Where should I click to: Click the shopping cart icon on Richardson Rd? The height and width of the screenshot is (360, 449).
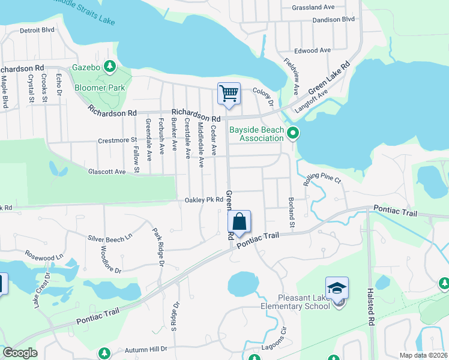click(x=229, y=94)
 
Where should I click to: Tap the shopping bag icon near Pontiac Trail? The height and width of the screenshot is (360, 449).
click(x=239, y=221)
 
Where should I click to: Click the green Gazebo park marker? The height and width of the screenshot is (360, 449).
click(x=110, y=65)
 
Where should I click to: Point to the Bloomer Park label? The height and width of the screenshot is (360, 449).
click(x=100, y=88)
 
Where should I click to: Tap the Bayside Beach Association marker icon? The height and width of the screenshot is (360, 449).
click(x=293, y=133)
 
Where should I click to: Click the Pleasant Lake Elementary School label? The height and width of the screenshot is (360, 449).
click(x=304, y=302)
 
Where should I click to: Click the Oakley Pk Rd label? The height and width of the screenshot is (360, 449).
click(x=204, y=200)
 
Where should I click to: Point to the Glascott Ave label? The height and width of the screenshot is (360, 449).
click(x=107, y=172)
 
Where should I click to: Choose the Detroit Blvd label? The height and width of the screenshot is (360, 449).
click(x=37, y=29)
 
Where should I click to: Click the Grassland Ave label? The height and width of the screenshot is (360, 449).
click(x=313, y=8)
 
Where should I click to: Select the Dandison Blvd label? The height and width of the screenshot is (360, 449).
click(x=334, y=20)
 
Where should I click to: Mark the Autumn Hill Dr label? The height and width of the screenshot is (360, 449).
click(x=146, y=349)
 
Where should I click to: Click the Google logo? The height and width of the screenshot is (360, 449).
click(x=20, y=353)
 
